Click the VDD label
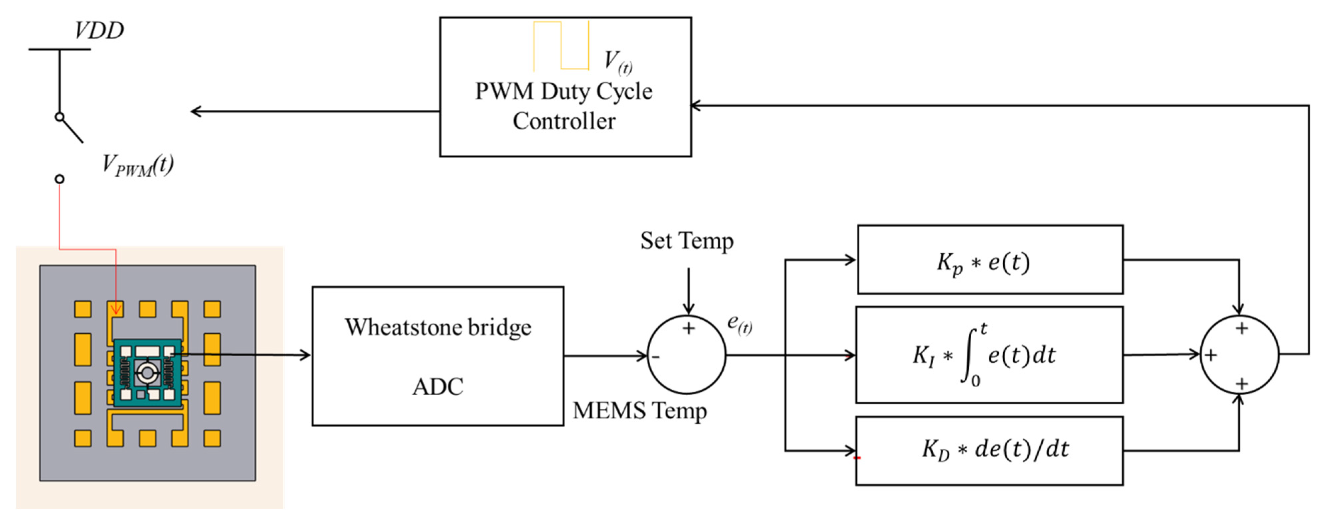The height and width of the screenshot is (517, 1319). pyautogui.click(x=99, y=30)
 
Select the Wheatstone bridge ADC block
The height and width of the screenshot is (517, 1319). pyautogui.click(x=438, y=356)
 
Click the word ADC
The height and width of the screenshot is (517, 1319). pyautogui.click(x=438, y=387)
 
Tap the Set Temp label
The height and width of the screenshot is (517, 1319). pyautogui.click(x=687, y=240)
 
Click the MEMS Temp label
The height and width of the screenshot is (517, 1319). pyautogui.click(x=640, y=411)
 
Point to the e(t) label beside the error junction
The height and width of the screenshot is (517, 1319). pyautogui.click(x=740, y=324)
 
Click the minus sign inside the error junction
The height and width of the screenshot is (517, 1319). pyautogui.click(x=656, y=357)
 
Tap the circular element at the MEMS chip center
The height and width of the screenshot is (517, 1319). pyautogui.click(x=147, y=373)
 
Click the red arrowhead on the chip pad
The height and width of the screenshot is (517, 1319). pyautogui.click(x=116, y=309)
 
